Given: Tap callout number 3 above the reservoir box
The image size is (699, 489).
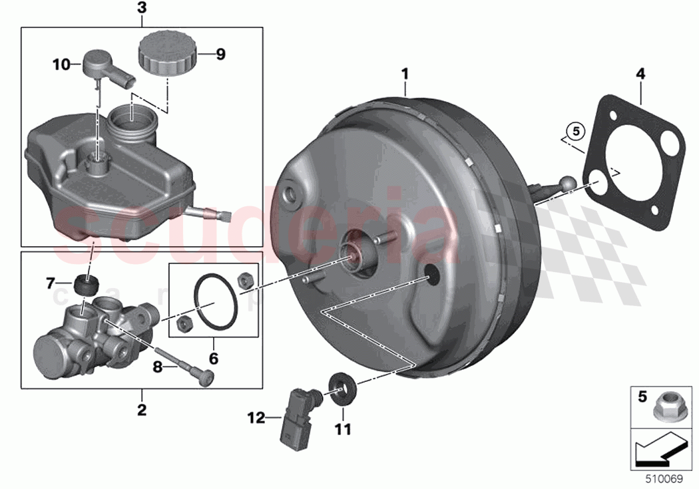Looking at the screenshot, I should pyautogui.click(x=141, y=8).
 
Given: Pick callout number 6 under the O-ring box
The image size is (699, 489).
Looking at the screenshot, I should pyautogui.click(x=213, y=359).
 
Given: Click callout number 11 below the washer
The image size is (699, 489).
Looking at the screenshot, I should pyautogui.click(x=342, y=430).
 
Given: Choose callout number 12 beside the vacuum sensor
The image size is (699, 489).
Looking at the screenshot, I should pyautogui.click(x=256, y=418).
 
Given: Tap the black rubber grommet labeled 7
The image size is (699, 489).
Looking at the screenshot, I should pyautogui.click(x=85, y=285).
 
